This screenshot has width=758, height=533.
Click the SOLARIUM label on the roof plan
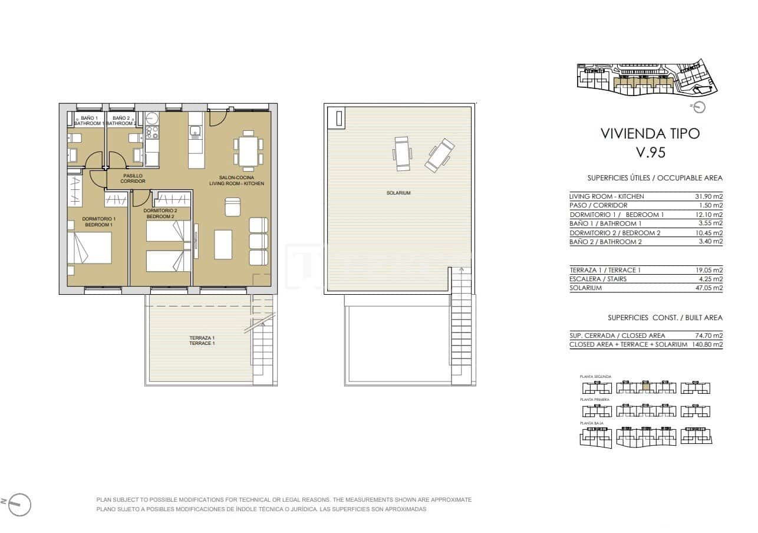coord(398,193)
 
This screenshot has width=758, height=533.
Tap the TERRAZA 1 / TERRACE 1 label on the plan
coord(202,340)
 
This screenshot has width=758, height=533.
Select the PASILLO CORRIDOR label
coord(133,178)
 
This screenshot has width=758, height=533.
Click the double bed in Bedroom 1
coord(89,248)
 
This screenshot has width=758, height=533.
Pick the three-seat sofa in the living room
coord(258,241)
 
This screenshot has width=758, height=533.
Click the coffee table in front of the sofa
coord(223,244)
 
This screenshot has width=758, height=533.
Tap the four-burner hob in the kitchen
coord(152,132)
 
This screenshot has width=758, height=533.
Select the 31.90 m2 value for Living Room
coord(708,196)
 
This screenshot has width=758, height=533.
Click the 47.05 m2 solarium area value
coord(708,288)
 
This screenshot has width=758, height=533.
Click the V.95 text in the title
coord(650,153)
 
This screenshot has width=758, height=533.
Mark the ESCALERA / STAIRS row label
coord(598,279)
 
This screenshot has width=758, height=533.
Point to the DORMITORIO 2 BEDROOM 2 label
coord(160,213)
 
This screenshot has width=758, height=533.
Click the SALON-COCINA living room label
coord(236,180)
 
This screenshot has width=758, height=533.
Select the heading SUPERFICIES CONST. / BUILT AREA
coord(665,318)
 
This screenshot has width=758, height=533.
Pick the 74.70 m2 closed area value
coord(708,335)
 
